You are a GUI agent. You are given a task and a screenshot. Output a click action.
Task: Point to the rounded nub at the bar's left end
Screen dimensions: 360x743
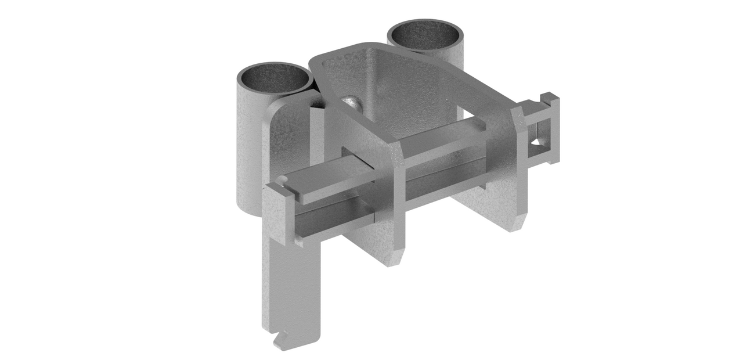(x=282, y=181)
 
